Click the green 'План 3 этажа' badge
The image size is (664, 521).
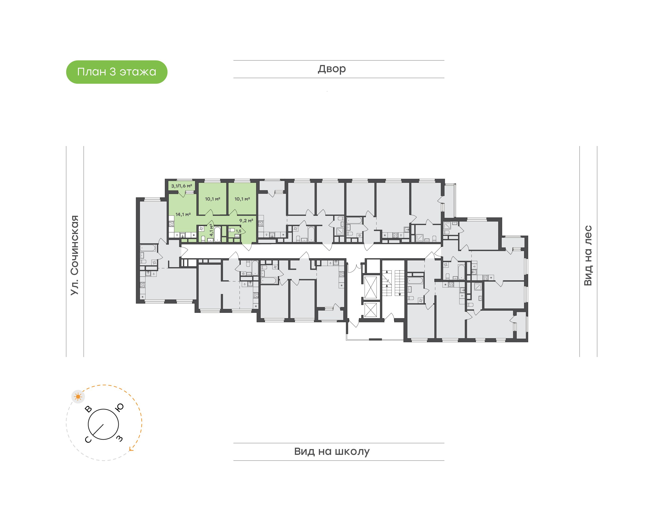tap(116, 72)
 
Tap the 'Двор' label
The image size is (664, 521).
tap(332, 69)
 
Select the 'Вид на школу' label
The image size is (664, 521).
tap(332, 451)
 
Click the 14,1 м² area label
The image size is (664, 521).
tap(183, 214)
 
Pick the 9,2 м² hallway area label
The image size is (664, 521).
tap(246, 221)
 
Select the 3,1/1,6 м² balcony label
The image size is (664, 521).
tap(181, 186)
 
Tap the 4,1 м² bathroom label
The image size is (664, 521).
tap(211, 230)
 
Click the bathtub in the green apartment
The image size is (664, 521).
tap(217, 234)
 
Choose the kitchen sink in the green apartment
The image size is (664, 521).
tap(182, 235)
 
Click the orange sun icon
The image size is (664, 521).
tap(78, 397)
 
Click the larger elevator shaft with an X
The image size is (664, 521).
tap(371, 287)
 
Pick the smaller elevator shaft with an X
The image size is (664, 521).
tap(371, 311)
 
